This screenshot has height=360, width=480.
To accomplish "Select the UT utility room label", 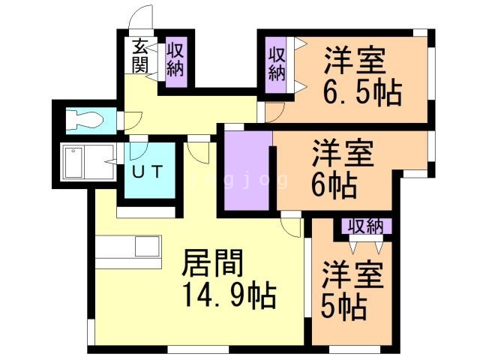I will [x=147, y=171].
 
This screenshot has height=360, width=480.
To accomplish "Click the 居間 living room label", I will [x=213, y=265].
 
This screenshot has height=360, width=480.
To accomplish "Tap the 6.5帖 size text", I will [x=362, y=93].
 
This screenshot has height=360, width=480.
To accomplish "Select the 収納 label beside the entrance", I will [x=175, y=60].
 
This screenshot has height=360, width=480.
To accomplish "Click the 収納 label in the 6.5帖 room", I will [x=277, y=64].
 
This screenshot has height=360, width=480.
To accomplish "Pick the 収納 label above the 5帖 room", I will [x=366, y=226].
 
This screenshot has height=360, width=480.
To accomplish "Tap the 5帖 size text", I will [x=345, y=305].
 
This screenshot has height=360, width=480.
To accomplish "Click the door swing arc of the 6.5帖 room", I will [x=274, y=112].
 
